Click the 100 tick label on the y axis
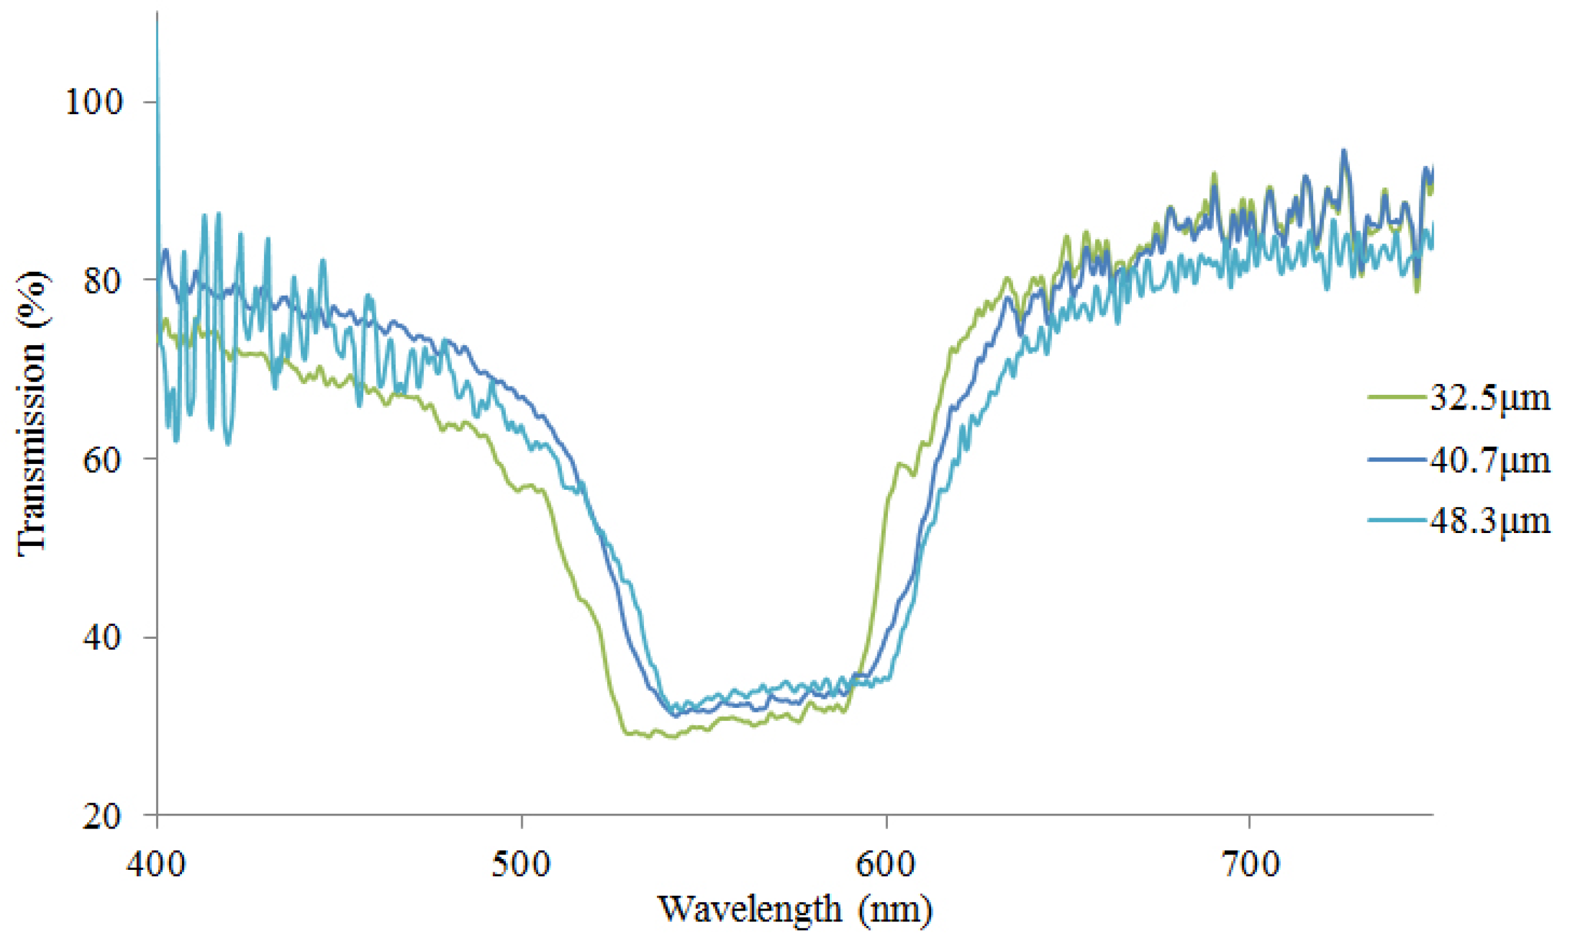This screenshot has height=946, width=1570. pos(93,102)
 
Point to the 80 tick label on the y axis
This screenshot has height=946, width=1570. pos(102,281)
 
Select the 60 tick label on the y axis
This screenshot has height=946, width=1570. pos(102,459)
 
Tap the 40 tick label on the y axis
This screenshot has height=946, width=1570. pos(102,638)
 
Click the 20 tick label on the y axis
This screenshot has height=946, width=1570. pos(102,817)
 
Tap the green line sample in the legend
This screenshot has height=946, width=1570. pos(1396,397)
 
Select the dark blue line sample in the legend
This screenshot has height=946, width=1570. pos(1396,459)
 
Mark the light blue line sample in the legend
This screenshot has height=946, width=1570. pos(1396,520)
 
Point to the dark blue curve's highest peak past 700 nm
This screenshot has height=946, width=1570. pos(1345,152)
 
